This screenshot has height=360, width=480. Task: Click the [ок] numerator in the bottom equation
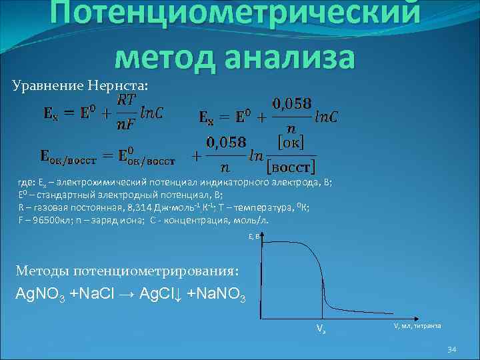(290, 142)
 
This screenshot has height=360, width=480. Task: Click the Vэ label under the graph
(321, 329)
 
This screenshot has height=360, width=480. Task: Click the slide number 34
(451, 350)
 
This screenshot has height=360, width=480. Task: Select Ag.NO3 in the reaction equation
(40, 295)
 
